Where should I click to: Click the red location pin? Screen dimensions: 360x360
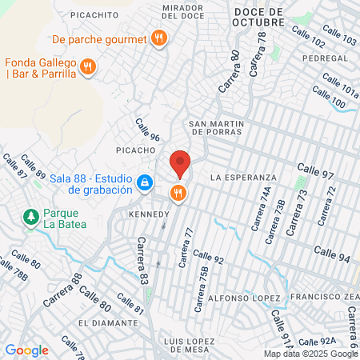(181, 163)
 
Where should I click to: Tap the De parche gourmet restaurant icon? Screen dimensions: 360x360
(160, 38)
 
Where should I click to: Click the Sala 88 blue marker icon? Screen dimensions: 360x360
(144, 183)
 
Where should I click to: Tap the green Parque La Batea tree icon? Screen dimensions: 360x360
(30, 216)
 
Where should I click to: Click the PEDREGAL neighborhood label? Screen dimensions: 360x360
(324, 59)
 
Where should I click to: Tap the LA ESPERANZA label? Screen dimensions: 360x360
(243, 177)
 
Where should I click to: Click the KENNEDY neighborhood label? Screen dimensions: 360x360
(149, 214)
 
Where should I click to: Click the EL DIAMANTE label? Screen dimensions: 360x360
(108, 322)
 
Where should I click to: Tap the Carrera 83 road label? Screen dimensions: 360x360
(142, 262)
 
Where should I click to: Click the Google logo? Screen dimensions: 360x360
(26, 350)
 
